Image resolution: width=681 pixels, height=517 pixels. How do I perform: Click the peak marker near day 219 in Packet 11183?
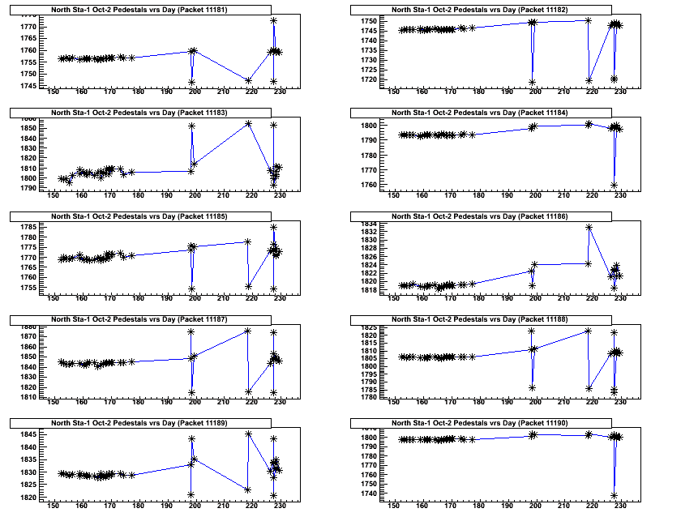pyautogui.click(x=248, y=124)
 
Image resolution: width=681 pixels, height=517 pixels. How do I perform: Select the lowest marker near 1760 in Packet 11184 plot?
pyautogui.click(x=614, y=186)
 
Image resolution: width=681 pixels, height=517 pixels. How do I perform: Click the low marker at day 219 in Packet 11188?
pyautogui.click(x=589, y=388)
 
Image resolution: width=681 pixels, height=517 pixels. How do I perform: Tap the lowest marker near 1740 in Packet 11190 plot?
pyautogui.click(x=614, y=495)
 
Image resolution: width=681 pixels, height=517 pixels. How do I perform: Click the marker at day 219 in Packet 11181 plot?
pyautogui.click(x=248, y=80)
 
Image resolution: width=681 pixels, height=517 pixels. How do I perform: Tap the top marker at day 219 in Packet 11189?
pyautogui.click(x=248, y=434)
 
